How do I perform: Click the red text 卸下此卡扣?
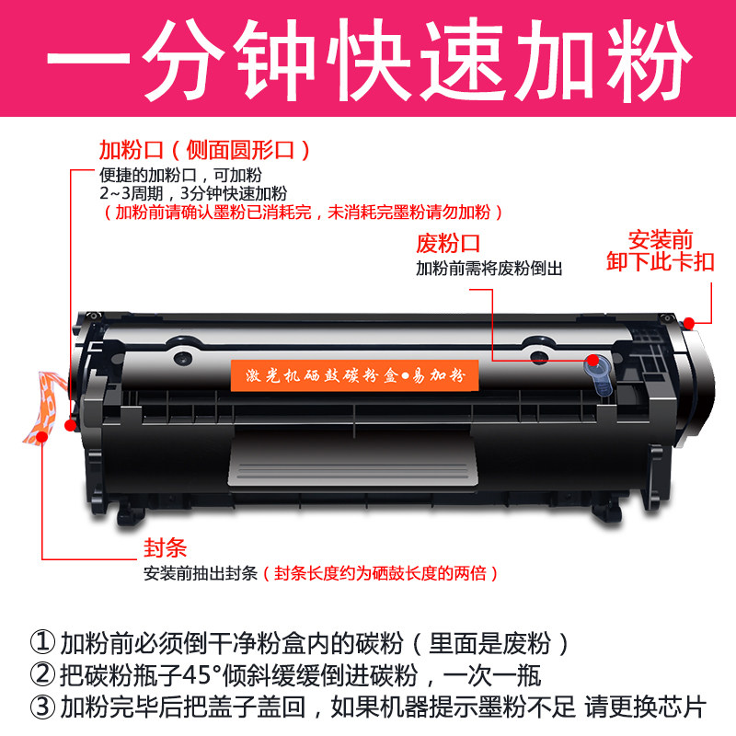pyautogui.click(x=660, y=262)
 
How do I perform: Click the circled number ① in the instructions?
pyautogui.click(x=43, y=643)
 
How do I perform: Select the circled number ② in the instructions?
pyautogui.click(x=43, y=675)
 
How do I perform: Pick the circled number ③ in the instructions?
pyautogui.click(x=43, y=707)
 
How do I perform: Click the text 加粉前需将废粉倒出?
pyautogui.click(x=489, y=268)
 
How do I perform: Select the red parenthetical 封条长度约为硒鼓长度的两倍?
pyautogui.click(x=379, y=573)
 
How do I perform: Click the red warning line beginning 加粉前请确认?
pyautogui.click(x=303, y=213)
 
